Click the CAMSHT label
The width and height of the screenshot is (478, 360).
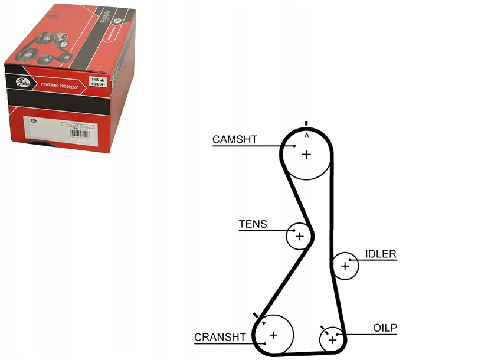point(234,139)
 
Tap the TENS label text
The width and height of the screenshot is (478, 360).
point(253,224)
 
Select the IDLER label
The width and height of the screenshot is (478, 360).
point(381,254)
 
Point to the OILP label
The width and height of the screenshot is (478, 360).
point(385,328)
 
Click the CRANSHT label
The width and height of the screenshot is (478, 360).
point(220,337)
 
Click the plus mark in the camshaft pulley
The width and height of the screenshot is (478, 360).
point(306,155)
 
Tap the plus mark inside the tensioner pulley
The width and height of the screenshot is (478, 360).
point(299,237)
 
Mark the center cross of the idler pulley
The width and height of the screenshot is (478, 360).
point(345,266)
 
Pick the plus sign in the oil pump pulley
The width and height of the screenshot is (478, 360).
point(332,340)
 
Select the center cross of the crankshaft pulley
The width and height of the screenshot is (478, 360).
point(273,335)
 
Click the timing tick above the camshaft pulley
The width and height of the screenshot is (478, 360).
point(306,123)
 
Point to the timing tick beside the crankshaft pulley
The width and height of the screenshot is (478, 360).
point(256,316)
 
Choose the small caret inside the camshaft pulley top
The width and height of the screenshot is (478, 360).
point(306,136)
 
